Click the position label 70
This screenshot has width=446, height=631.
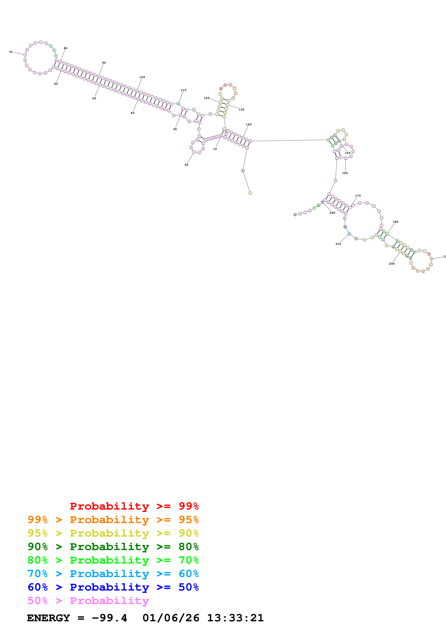[10, 52]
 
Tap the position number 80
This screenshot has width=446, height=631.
[65, 48]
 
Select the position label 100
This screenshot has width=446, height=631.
[142, 77]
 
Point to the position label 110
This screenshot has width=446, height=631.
[184, 90]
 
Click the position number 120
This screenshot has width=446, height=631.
[207, 98]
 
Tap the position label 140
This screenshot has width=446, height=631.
[249, 124]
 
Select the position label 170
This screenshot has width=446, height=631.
[358, 196]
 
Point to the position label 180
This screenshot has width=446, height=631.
[395, 222]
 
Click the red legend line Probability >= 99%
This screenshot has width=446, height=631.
[134, 506]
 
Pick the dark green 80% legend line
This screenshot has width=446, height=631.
[113, 547]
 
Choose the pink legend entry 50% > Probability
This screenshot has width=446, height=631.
[88, 601]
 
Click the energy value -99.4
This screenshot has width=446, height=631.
[109, 618]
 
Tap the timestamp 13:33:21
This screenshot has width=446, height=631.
[235, 618]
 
